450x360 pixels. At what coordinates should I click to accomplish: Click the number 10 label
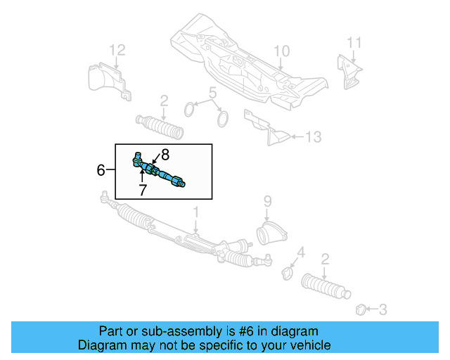pyautogui.click(x=281, y=51)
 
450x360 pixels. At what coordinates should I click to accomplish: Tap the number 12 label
pyautogui.click(x=117, y=49)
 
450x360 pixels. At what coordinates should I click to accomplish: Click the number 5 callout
pyautogui.click(x=212, y=92)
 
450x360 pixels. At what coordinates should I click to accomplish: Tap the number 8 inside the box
pyautogui.click(x=165, y=154)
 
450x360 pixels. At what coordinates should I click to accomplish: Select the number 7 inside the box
pyautogui.click(x=142, y=190)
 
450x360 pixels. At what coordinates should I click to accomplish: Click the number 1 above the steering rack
pyautogui.click(x=197, y=211)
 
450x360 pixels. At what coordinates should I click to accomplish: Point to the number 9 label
pyautogui.click(x=266, y=202)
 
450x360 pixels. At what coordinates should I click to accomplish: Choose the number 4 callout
pyautogui.click(x=300, y=252)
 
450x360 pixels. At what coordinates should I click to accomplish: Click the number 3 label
pyautogui.click(x=382, y=308)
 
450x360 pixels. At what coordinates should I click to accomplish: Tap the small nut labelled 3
pyautogui.click(x=361, y=308)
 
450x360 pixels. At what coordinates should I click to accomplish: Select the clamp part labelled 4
pyautogui.click(x=288, y=272)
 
